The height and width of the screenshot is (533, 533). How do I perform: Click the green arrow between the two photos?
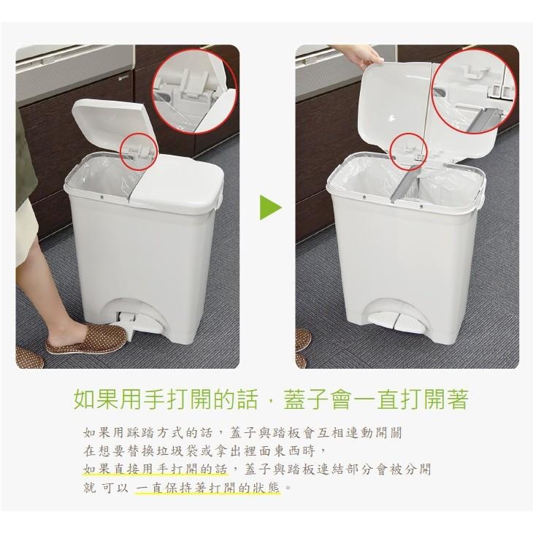(270, 207)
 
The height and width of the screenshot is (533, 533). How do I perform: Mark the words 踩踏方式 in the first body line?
(154, 433)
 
